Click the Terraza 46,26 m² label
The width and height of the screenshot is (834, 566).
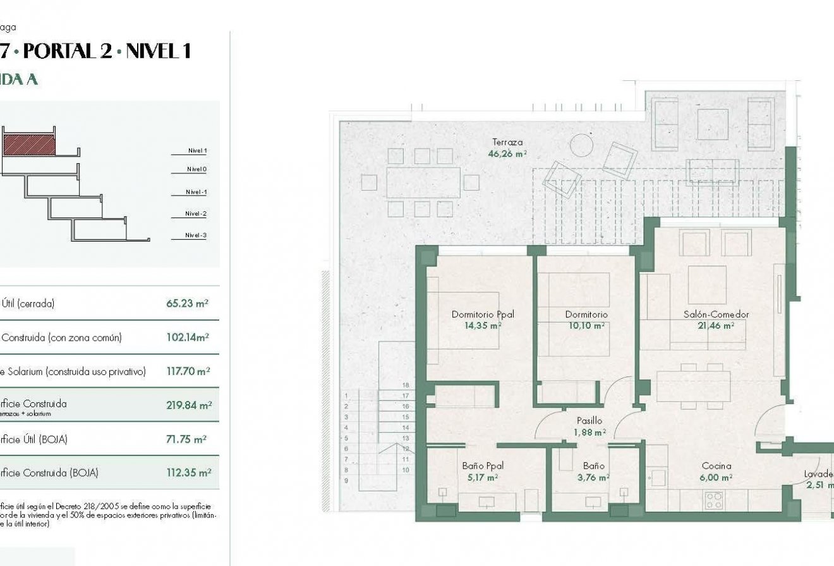tap(507, 148)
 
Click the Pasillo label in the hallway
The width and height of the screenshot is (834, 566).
tap(589, 421)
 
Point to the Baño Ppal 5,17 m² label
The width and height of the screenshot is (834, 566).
tap(482, 472)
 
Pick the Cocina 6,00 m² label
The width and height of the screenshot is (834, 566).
tap(716, 472)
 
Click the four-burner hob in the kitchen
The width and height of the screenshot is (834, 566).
tap(714, 500)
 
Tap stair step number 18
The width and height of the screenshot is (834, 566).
tap(405, 385)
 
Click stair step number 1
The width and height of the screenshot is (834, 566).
tap(346, 396)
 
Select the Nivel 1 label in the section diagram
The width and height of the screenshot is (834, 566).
tap(196, 151)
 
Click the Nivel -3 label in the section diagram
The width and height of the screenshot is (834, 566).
tap(196, 235)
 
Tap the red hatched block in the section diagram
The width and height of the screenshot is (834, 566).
tap(29, 145)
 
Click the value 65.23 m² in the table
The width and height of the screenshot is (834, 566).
tap(187, 304)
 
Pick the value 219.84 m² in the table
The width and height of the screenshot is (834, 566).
tap(189, 405)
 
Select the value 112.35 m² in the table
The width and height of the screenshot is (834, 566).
tap(188, 472)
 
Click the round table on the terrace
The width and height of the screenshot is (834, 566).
tap(581, 145)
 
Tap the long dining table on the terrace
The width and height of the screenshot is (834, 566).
tap(423, 182)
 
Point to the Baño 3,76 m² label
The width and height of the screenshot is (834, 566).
tap(594, 472)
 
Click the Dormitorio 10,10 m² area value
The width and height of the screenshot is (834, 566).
tap(586, 326)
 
